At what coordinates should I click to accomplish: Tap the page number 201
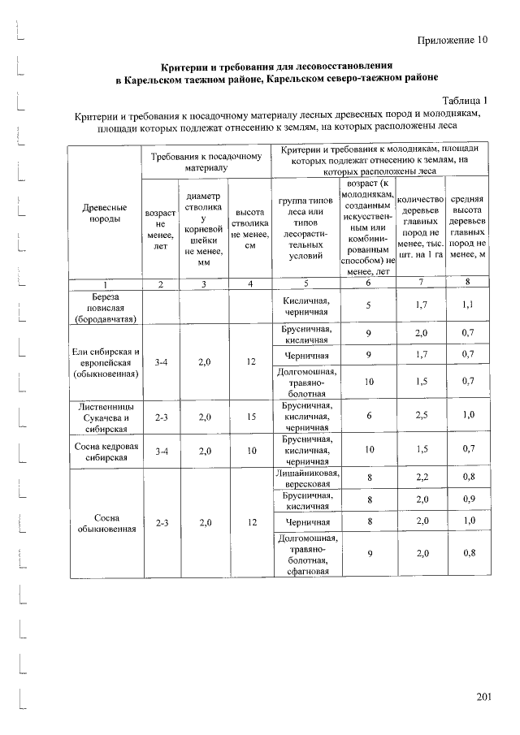point(484,698)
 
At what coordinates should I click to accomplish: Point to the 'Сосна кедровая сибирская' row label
point(104,452)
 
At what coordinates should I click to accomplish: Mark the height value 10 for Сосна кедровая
point(252,452)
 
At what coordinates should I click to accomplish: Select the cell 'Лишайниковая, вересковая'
point(306,479)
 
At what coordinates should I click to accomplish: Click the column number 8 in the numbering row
point(468,283)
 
